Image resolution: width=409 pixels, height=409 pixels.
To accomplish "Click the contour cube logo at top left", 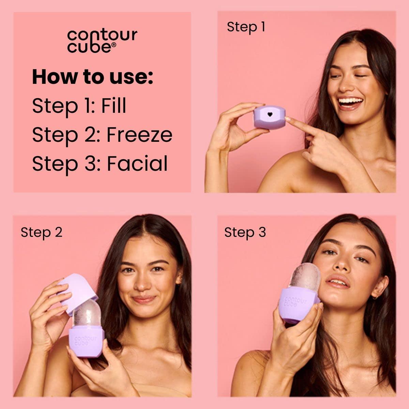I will tap(102, 41).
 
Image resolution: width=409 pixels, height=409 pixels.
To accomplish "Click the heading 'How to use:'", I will tap(92, 77).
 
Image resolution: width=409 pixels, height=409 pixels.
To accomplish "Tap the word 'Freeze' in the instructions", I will tap(139, 135).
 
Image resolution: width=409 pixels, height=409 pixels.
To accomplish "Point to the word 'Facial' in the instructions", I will tap(137, 164).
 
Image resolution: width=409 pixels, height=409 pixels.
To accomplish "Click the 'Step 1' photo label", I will tap(246, 27).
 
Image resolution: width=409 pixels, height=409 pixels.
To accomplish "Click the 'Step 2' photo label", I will tap(42, 232).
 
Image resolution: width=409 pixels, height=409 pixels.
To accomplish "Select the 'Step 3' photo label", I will tap(245, 232).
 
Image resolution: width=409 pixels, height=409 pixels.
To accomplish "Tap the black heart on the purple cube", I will tap(270, 115).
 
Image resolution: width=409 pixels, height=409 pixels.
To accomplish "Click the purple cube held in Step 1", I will tap(269, 117).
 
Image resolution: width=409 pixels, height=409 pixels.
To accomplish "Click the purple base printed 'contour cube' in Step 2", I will tap(86, 341).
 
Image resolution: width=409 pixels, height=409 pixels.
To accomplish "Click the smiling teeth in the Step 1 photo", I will tap(350, 101).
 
